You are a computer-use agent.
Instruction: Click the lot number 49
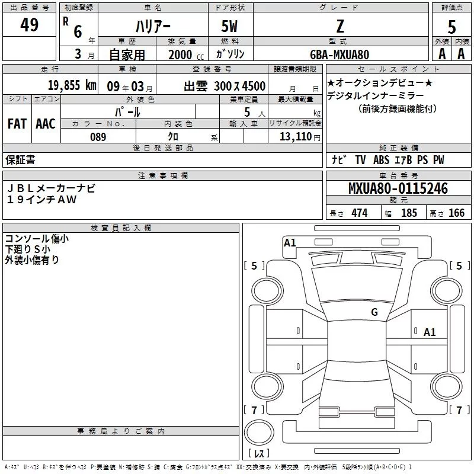pos(29,25)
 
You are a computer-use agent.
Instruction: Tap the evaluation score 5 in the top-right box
pos(451,27)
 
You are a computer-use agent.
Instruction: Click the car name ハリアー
pos(152,27)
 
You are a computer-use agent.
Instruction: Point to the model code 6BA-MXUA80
pos(340,55)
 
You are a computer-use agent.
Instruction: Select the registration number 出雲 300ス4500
pos(224,85)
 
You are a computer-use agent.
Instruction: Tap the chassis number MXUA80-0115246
pos(398,189)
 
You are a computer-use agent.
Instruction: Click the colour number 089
pos(98,137)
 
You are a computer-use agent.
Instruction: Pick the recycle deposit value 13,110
pos(295,137)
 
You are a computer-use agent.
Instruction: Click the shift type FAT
pos(17,124)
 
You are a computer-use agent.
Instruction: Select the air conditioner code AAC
pos(46,124)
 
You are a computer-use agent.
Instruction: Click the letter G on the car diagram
pos(374,312)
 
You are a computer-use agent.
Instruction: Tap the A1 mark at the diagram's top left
pos(290,242)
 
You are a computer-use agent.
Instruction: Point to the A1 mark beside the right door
pos(430,332)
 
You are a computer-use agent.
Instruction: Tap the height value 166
pos(456,213)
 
